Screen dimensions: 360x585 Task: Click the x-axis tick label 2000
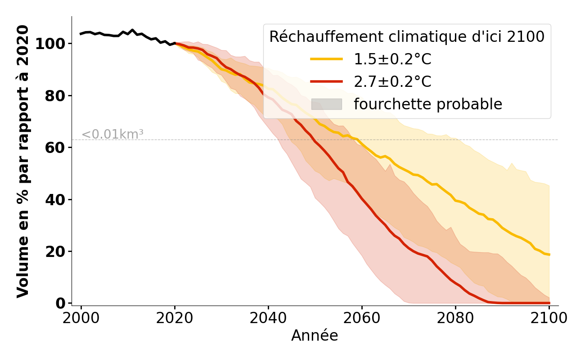click(x=81, y=318)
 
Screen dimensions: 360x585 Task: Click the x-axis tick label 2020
click(x=175, y=318)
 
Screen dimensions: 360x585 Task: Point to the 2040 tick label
click(x=268, y=318)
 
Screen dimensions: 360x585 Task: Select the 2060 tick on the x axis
click(x=362, y=318)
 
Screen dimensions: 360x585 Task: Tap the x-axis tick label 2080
click(x=455, y=318)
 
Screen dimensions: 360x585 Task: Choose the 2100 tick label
click(x=549, y=318)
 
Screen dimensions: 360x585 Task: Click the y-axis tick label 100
click(x=50, y=44)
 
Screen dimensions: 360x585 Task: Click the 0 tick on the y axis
click(x=60, y=303)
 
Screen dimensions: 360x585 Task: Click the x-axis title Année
click(x=315, y=336)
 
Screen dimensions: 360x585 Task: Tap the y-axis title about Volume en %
click(x=23, y=161)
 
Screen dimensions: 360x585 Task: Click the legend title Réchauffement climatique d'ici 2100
click(x=407, y=37)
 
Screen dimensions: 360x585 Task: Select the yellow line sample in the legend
click(x=326, y=59)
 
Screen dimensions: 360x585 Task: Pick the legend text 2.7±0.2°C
click(x=392, y=82)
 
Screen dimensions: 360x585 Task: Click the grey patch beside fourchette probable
click(x=326, y=104)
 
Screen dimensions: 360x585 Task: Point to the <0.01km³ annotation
click(x=112, y=134)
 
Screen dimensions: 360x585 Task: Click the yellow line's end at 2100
click(x=549, y=255)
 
